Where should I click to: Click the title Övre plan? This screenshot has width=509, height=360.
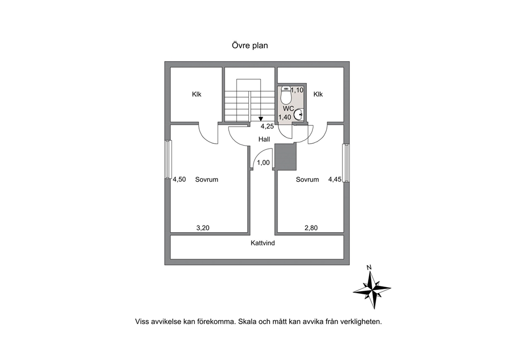[x=250, y=46]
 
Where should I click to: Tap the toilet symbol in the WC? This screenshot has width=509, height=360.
[x=286, y=94]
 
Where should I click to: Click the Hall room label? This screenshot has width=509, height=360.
[x=264, y=139]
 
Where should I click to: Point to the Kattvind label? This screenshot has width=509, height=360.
[x=263, y=243]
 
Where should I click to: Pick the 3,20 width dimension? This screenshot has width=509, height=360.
[x=203, y=228]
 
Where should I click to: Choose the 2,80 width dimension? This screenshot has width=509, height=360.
[x=311, y=228]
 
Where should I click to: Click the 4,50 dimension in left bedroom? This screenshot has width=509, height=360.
[x=179, y=179]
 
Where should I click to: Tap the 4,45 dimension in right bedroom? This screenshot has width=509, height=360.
[x=335, y=179]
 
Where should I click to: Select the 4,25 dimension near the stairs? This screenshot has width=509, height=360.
[x=267, y=126]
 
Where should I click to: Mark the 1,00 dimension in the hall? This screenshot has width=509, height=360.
[x=263, y=163]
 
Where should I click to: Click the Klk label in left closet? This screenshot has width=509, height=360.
[x=197, y=94]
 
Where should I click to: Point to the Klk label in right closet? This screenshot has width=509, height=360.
[x=318, y=94]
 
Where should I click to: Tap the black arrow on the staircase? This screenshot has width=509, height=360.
[x=261, y=119]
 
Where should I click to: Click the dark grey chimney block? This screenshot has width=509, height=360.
[x=286, y=157]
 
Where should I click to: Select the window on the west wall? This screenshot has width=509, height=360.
[x=168, y=159]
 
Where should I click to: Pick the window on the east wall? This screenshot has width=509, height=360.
[x=346, y=163]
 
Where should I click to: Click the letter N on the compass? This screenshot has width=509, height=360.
[x=369, y=268]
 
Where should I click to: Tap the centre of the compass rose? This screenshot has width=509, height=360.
[x=373, y=288]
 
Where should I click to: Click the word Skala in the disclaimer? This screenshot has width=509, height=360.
[x=247, y=321]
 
